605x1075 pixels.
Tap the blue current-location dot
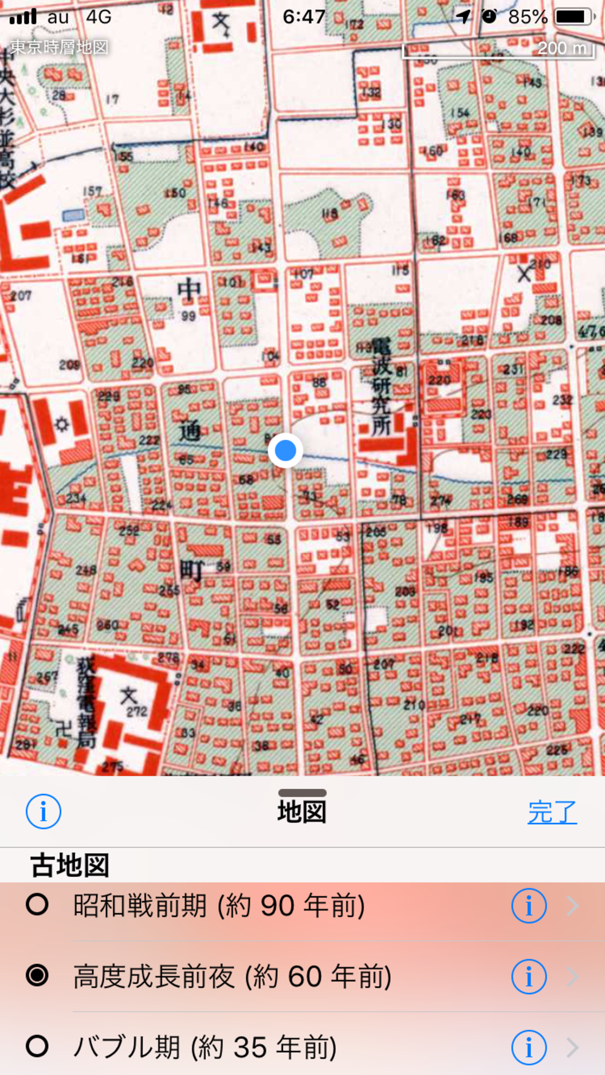point(285,450)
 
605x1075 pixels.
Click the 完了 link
point(552,812)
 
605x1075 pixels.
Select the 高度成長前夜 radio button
point(37,975)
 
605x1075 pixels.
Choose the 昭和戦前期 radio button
point(37,905)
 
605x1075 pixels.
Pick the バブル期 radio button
point(37,1046)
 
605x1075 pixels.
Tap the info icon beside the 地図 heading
point(44,811)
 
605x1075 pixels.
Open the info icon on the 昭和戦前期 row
point(529,905)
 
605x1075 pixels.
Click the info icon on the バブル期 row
point(529,1047)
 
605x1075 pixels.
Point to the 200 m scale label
point(562,48)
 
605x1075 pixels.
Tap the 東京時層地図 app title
point(59,47)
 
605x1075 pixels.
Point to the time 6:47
point(304,16)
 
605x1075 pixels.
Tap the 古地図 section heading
point(70,865)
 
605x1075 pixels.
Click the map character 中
point(189,291)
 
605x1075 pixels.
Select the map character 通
point(189,431)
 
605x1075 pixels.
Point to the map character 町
point(191,569)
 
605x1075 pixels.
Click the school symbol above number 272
point(128,696)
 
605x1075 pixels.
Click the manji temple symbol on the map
point(63,729)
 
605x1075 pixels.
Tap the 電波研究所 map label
point(381,387)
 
